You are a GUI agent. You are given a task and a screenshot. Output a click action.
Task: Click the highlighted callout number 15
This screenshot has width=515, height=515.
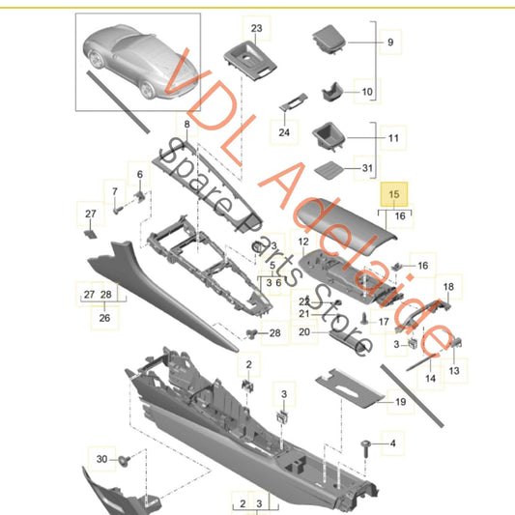(394, 194)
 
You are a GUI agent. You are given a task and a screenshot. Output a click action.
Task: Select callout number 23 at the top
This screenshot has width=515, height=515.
(256, 28)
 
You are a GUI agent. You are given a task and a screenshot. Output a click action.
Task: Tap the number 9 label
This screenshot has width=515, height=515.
(390, 43)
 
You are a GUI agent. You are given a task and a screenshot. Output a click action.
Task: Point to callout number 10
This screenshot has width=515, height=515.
(367, 92)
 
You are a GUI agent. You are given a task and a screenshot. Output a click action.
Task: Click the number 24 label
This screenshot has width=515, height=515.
(284, 132)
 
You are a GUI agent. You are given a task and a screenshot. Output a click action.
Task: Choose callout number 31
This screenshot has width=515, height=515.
(367, 168)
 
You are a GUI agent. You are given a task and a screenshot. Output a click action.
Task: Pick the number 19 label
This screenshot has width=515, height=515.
(400, 402)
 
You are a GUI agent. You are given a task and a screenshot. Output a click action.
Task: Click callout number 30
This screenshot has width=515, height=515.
(101, 459)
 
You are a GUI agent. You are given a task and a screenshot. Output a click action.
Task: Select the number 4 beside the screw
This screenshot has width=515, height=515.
(393, 443)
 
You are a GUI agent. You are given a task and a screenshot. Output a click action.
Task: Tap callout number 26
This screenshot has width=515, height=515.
(104, 318)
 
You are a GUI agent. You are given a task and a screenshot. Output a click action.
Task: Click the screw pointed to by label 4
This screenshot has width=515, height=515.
(365, 448)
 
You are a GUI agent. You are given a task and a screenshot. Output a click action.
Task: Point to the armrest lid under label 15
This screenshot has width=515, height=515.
(345, 226)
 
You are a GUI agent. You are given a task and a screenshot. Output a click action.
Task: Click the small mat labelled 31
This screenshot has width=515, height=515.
(329, 170)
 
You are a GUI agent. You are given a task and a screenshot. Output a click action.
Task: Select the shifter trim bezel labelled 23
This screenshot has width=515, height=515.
(250, 61)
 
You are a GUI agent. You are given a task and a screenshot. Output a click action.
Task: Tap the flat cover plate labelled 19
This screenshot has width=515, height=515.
(350, 387)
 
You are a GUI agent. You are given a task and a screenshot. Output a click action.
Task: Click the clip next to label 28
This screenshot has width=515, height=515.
(251, 334)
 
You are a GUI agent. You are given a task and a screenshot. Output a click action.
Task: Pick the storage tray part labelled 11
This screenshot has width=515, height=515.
(329, 136)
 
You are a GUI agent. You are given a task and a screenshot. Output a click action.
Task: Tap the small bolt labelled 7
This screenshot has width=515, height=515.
(118, 210)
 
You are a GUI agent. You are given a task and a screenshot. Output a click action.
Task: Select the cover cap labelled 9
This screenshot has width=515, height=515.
(329, 39)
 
